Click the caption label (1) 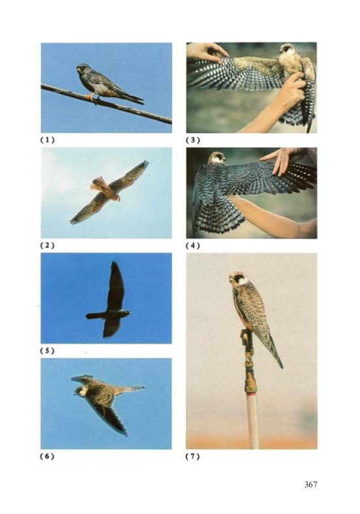47,140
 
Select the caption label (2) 47,245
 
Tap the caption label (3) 193,140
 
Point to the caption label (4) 193,245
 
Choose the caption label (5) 47,350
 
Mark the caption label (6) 47,456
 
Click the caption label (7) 193,456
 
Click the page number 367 310,484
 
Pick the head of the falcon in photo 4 217,158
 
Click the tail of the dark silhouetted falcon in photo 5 96,316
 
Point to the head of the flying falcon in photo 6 81,390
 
